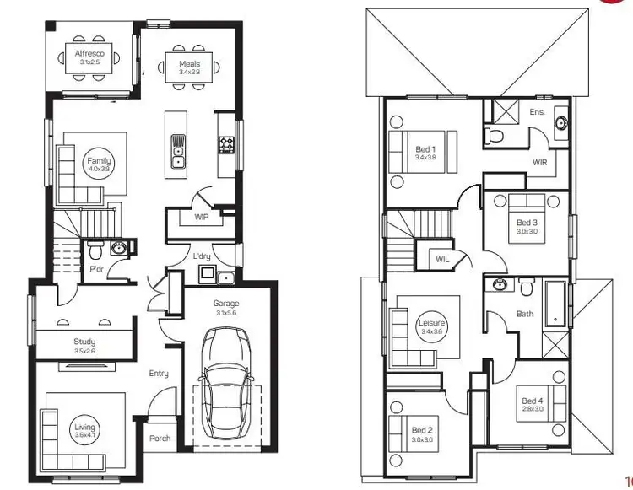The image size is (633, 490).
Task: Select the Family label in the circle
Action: coord(99,163)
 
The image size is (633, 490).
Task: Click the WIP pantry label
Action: coord(201,217)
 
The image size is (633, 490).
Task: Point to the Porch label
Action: coord(160,439)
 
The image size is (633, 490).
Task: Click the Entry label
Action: coord(159,374)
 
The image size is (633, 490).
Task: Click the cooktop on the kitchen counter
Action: coord(226,145)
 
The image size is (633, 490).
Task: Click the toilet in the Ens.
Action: coord(497,134)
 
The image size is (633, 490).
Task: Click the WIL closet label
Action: coord(442,260)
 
